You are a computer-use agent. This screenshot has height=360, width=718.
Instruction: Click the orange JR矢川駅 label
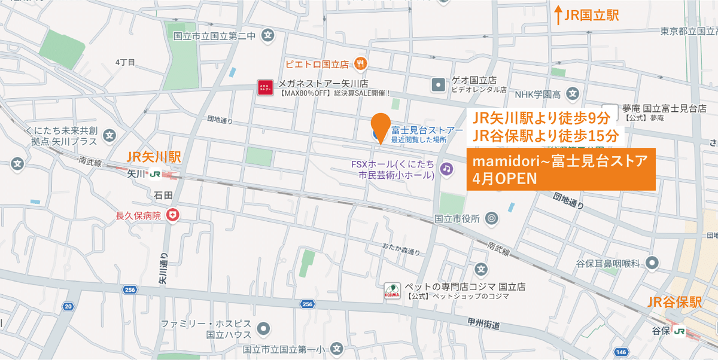pos(154,157)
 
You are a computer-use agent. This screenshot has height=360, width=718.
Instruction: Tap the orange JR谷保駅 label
pos(674,303)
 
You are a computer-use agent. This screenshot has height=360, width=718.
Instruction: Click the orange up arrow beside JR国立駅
pos(558,16)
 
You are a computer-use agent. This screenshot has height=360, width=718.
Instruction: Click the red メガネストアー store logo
pos(265,87)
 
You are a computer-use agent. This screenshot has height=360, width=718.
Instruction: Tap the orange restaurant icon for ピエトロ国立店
pos(360,62)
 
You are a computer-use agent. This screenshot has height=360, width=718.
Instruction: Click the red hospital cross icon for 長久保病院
pos(174,215)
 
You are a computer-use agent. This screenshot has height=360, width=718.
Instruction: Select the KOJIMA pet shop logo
pos(393,291)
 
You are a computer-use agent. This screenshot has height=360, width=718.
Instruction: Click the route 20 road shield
pos(68,307)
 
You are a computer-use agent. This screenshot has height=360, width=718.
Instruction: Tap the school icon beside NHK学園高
pos(573,93)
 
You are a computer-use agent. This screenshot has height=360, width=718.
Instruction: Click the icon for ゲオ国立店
pos(439,84)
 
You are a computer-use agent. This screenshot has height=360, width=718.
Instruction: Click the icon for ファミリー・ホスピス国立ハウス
pos(263,328)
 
